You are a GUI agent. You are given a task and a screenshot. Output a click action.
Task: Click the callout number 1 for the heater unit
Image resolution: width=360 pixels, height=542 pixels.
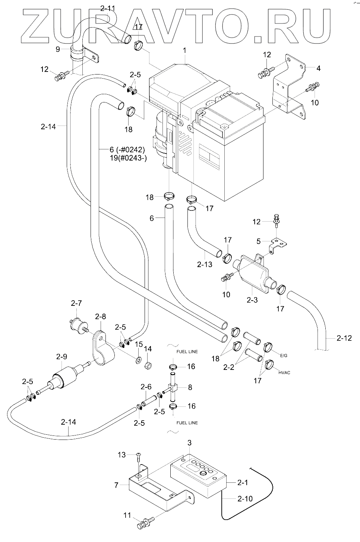[x=185, y=50]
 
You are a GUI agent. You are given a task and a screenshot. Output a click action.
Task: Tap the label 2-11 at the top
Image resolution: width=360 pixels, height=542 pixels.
[x=108, y=7]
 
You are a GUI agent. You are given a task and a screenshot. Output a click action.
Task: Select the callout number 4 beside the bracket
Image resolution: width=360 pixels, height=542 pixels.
[x=318, y=68]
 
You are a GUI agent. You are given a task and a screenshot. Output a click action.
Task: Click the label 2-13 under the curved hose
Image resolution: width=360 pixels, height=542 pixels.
[x=205, y=265]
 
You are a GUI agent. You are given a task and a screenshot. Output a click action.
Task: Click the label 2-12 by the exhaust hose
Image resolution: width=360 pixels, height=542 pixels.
[x=344, y=339]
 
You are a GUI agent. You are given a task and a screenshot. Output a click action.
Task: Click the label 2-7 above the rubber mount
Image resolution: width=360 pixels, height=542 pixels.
[x=76, y=304]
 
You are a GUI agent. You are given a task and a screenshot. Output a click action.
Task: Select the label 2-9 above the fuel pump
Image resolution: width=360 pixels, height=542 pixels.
[x=61, y=356]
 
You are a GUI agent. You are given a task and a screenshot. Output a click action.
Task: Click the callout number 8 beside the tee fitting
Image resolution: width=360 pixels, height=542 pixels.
[x=190, y=387]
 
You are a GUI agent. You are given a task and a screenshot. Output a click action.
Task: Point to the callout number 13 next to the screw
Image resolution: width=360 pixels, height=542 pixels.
[x=121, y=454]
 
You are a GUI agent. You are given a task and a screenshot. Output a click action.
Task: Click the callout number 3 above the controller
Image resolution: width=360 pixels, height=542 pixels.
[x=189, y=443]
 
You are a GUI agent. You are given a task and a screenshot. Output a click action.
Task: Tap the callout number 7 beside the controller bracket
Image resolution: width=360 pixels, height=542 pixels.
[x=116, y=485]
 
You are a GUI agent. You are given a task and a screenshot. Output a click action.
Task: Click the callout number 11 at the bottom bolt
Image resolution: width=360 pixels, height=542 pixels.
[x=127, y=516]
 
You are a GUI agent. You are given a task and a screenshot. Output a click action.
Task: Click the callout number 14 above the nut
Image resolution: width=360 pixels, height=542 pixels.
[x=148, y=349]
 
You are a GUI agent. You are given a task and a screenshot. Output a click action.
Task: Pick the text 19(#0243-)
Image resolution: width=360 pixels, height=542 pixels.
[x=127, y=158]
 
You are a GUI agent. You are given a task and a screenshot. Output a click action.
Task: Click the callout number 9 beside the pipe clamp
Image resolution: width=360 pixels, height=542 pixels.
[x=58, y=49]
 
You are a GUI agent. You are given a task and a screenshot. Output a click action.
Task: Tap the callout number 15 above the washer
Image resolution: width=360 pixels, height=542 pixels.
[x=139, y=343]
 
